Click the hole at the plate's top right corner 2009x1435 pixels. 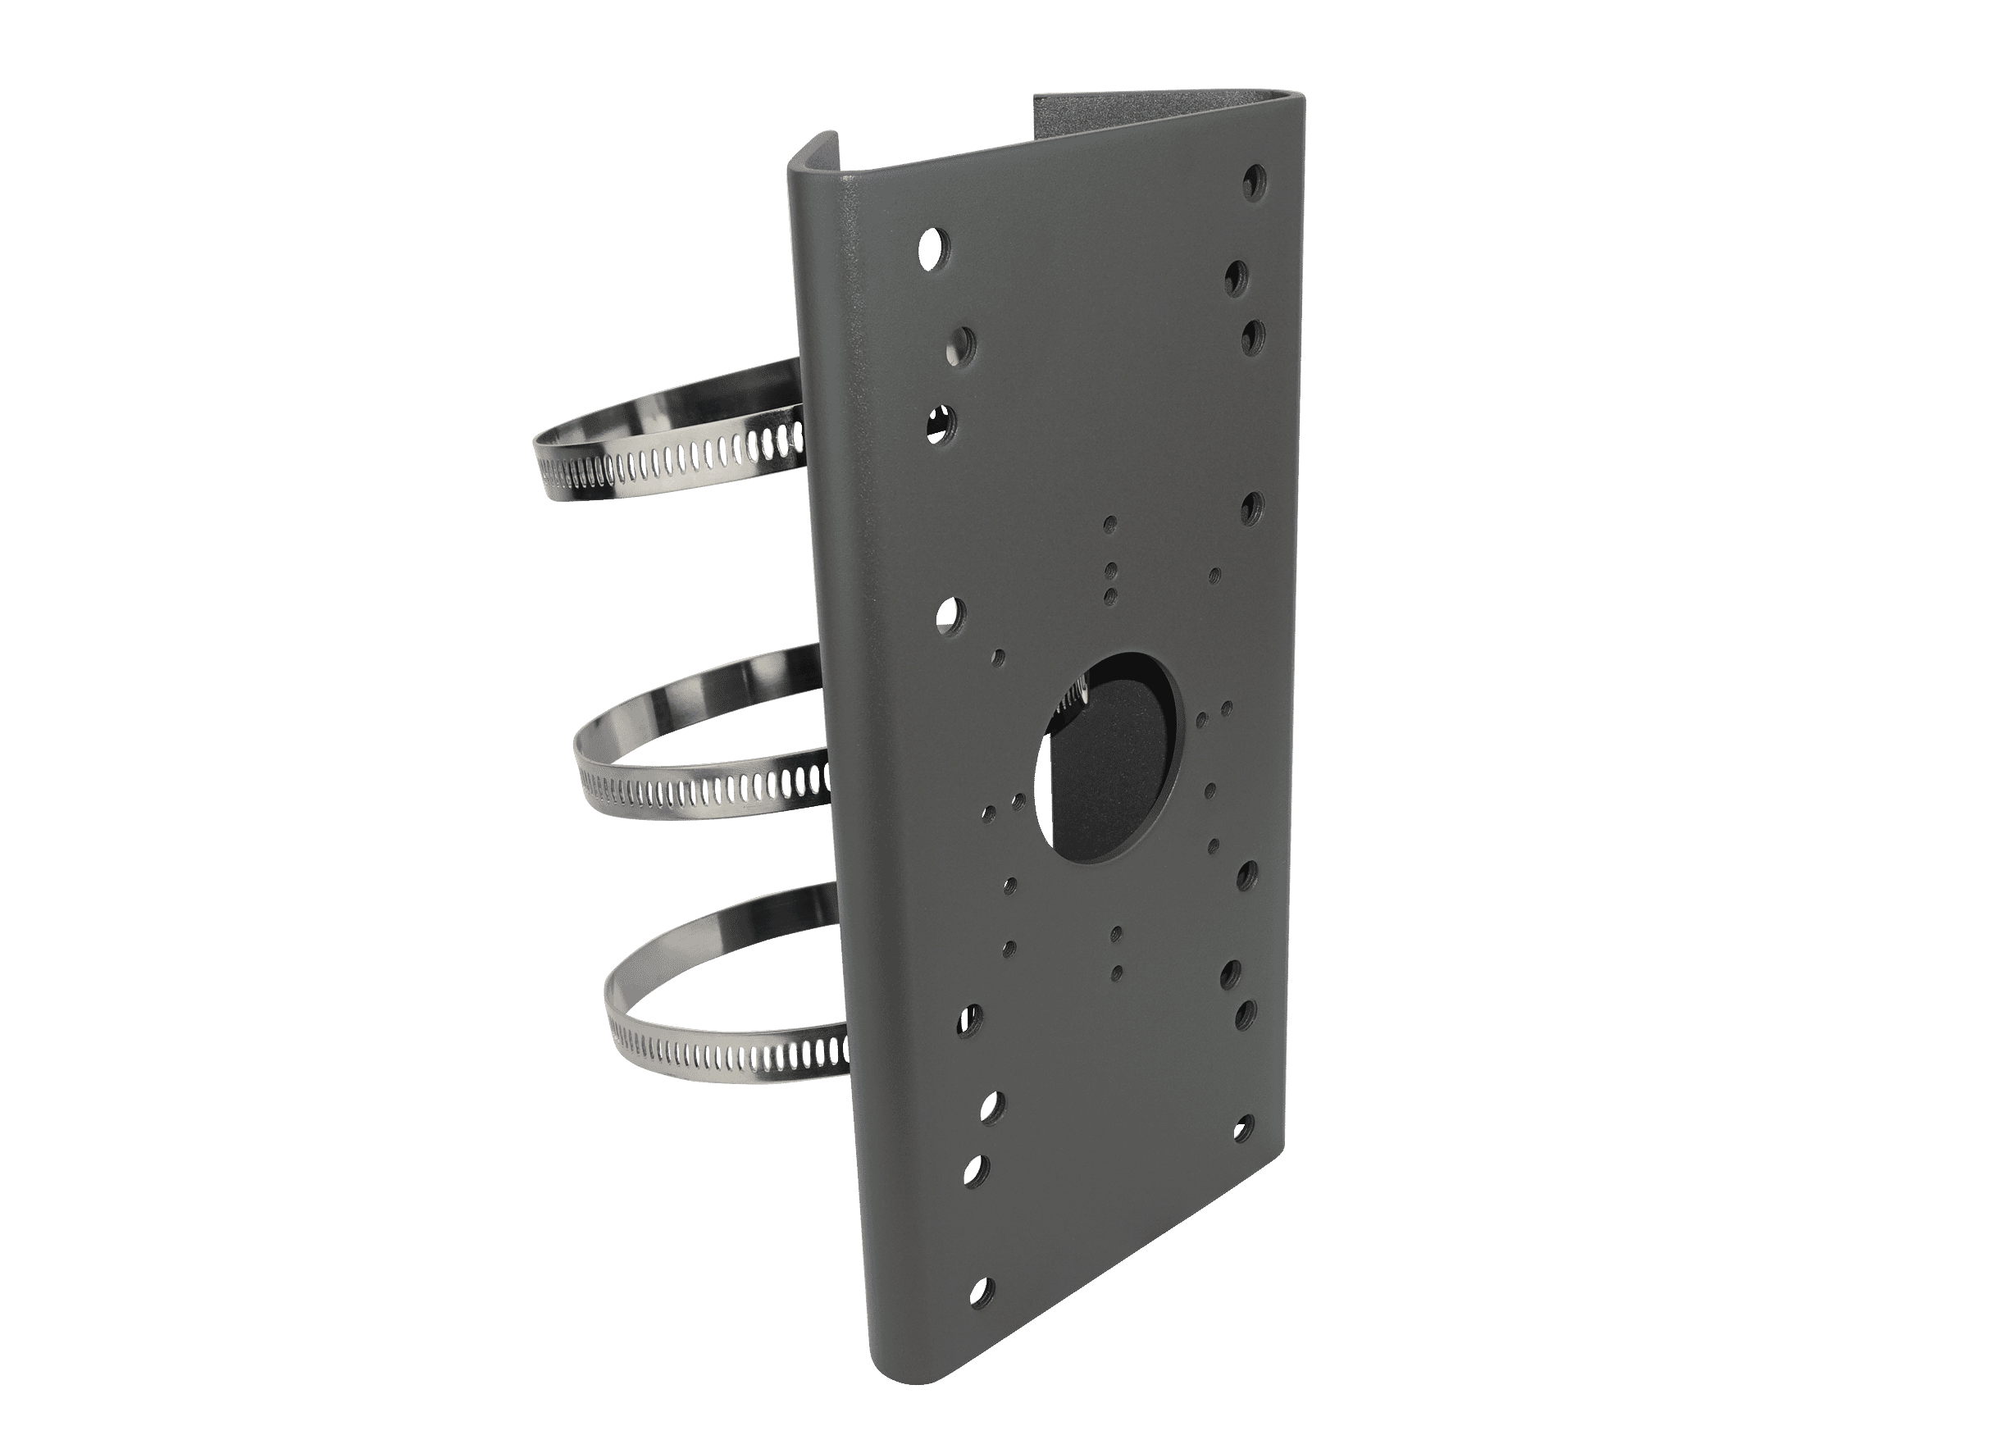(x=1253, y=181)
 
